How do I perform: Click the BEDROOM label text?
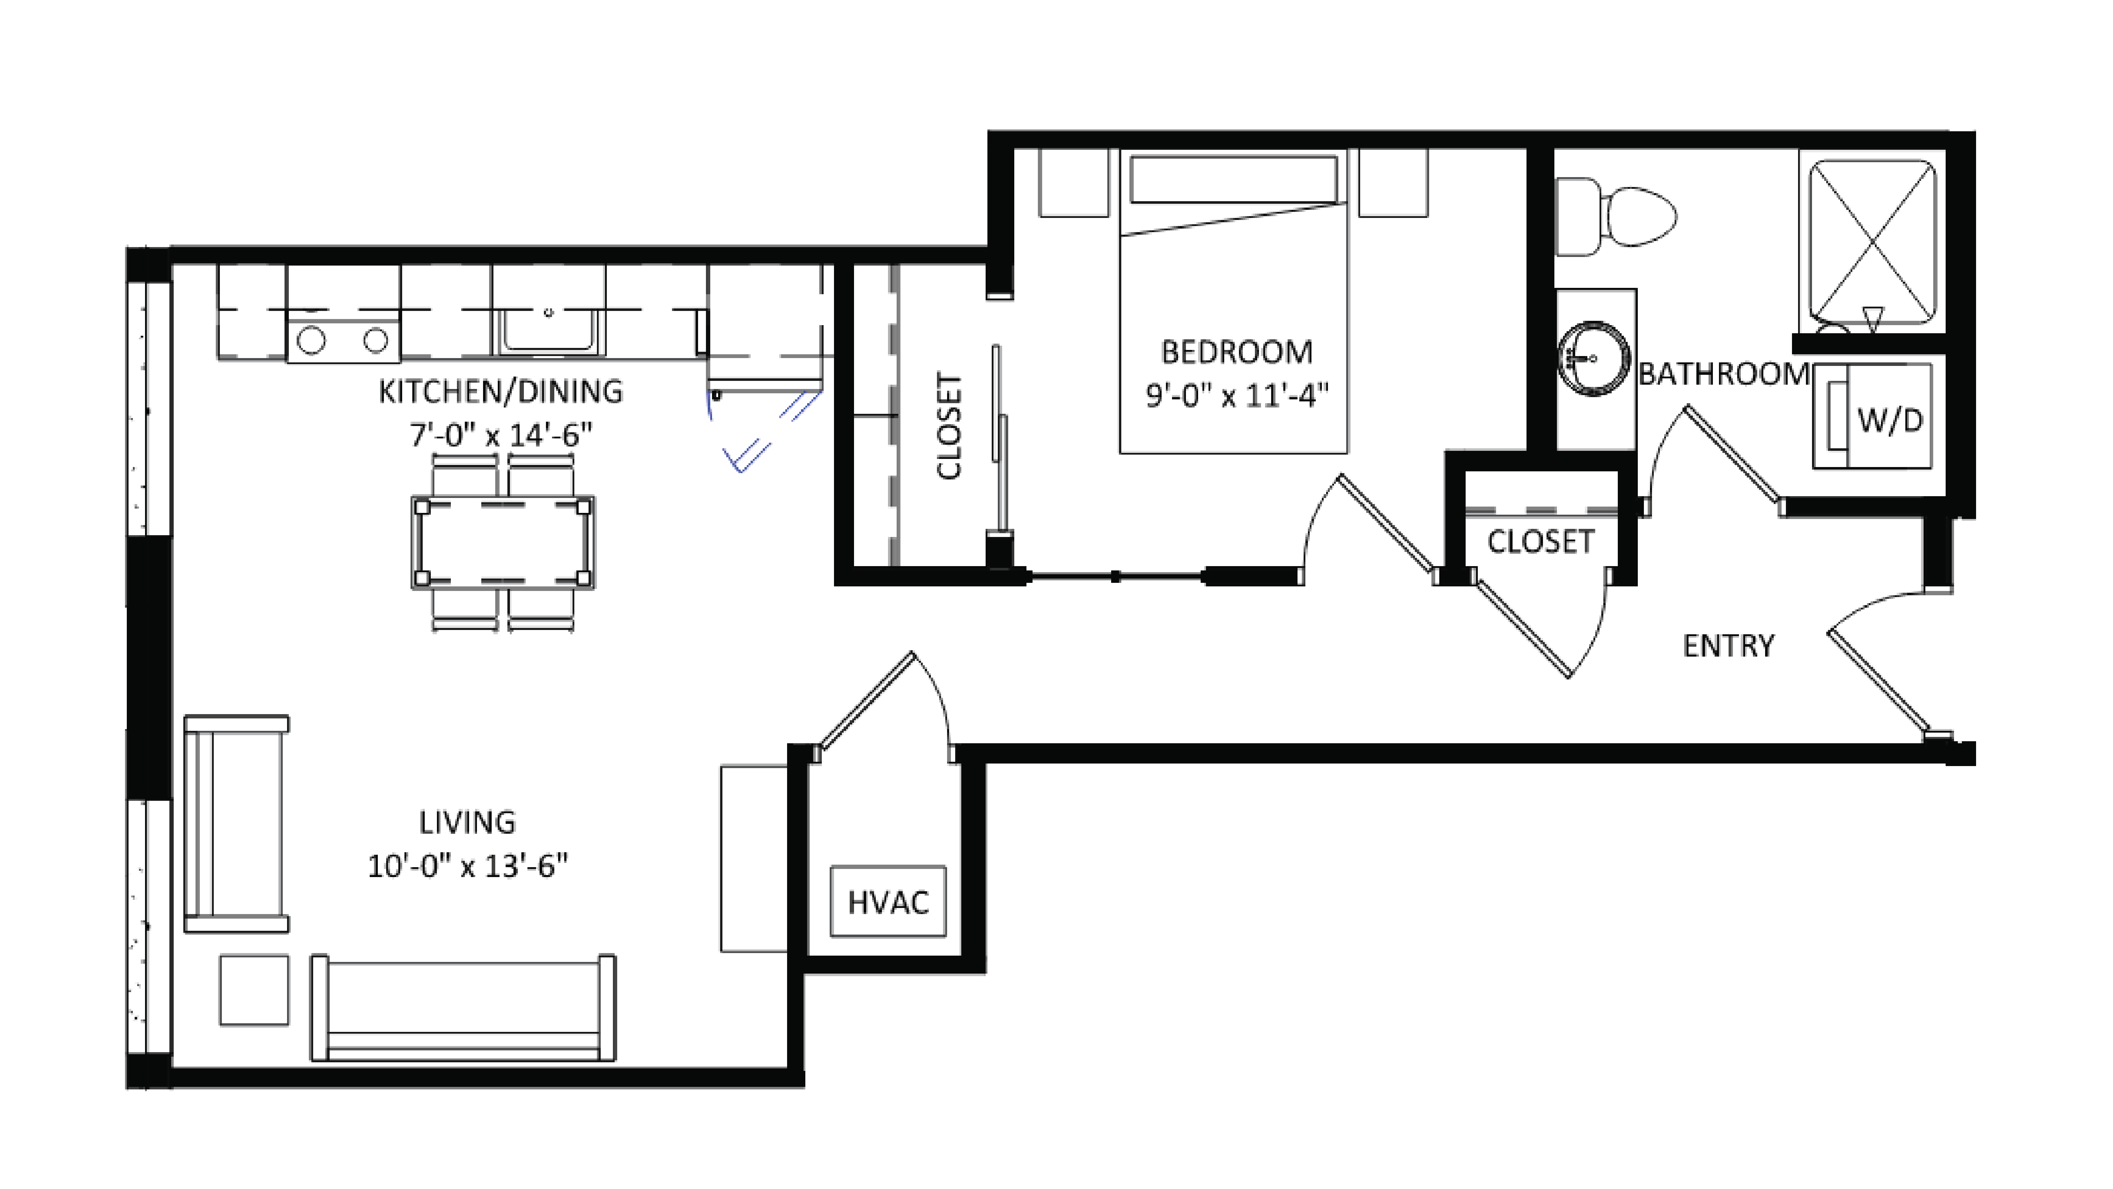1236,352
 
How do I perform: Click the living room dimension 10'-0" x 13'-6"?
467,866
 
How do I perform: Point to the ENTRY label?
1728,646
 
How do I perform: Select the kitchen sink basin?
548,335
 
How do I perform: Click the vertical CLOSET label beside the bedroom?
949,426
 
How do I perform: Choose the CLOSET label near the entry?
1540,542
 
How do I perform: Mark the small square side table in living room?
254,990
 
